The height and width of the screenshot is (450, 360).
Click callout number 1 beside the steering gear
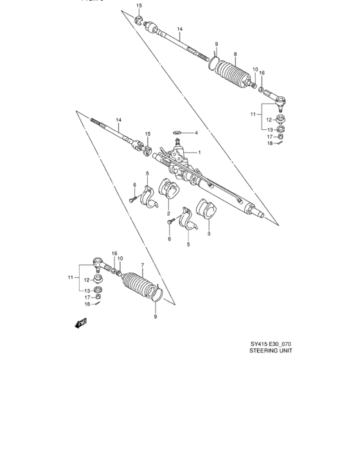tap(200, 152)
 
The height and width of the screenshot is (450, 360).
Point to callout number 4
tap(196, 133)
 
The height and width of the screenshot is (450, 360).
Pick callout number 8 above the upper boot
tap(236, 54)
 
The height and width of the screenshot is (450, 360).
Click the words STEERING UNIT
tap(272, 361)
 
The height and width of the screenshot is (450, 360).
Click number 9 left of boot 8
tap(217, 44)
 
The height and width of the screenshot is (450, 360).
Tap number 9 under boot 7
tap(154, 316)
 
